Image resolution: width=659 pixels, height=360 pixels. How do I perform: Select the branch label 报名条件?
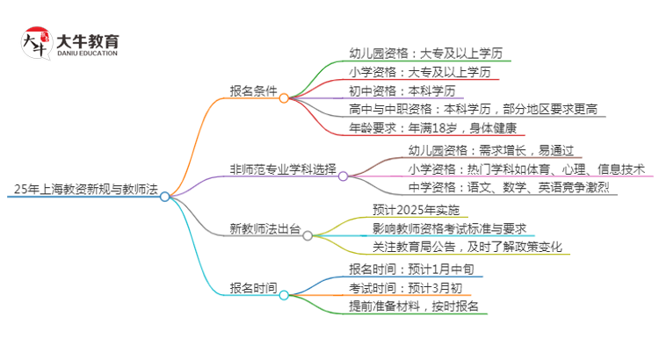tap(253, 90)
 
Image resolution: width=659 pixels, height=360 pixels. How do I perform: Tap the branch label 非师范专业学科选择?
tap(283, 169)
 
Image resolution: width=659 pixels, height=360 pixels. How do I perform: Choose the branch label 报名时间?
tap(253, 287)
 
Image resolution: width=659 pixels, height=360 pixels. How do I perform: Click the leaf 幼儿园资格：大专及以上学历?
tap(426, 52)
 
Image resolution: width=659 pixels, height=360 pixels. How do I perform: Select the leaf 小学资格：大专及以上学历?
tap(420, 71)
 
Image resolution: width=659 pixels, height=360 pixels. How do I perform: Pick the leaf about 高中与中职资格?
tap(473, 110)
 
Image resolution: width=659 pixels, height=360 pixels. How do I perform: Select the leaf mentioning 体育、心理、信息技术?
tap(526, 169)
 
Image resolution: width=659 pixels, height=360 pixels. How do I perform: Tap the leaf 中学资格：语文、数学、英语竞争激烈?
tap(508, 188)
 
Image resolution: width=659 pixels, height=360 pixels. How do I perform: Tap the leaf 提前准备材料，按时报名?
tap(414, 306)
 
